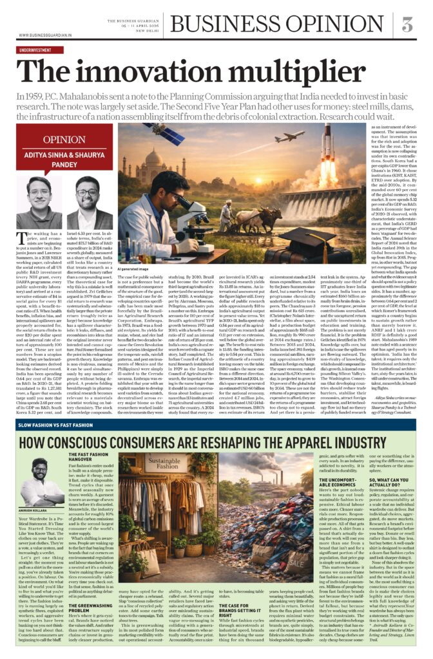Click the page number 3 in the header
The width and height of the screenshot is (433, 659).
(407, 24)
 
